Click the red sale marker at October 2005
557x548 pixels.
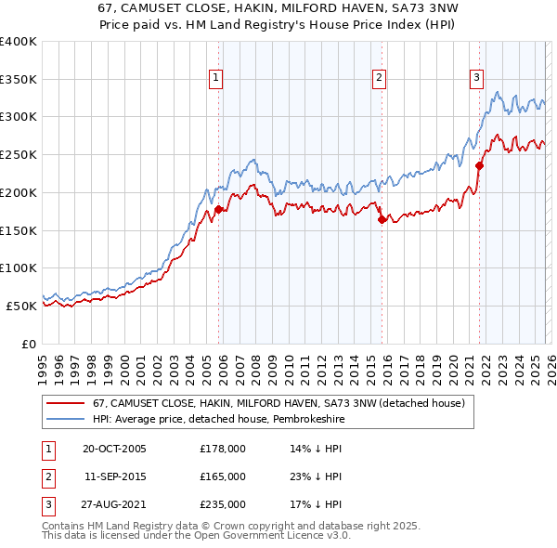(219, 210)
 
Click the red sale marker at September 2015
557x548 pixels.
(382, 220)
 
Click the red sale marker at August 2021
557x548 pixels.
(480, 166)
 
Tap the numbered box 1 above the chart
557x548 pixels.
(215, 79)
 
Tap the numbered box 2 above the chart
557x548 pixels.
(380, 79)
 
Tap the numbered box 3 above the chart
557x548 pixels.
(476, 79)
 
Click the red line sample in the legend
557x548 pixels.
(65, 403)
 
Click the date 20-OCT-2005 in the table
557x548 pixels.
(114, 449)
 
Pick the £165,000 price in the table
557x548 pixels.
(223, 476)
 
